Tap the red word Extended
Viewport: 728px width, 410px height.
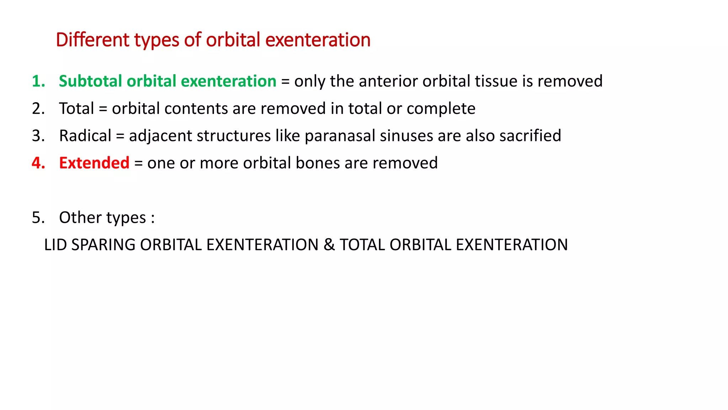click(94, 163)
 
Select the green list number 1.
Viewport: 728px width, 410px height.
click(38, 81)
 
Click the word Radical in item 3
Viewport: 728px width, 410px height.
click(85, 136)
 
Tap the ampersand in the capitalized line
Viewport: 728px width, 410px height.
click(329, 245)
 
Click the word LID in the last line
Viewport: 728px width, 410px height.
click(55, 245)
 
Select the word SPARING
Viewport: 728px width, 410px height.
click(103, 245)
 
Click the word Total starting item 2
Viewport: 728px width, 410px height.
click(76, 109)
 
